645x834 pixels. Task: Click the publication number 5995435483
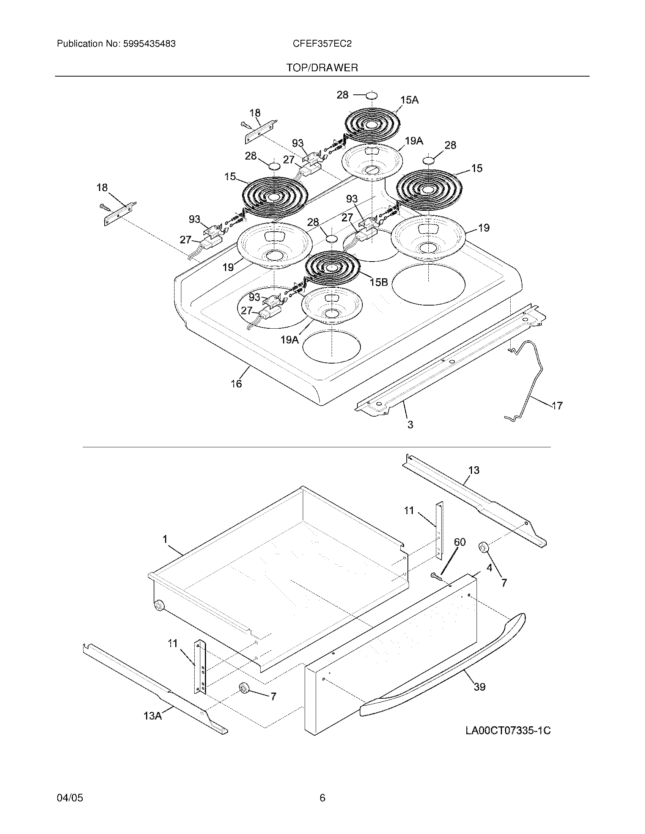pos(149,44)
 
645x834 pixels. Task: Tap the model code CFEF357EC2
pos(322,44)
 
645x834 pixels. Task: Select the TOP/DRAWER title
pos(322,68)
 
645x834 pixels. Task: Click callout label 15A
pos(409,100)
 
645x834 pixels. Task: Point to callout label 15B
pos(379,282)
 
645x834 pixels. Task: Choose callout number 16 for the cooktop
pos(236,383)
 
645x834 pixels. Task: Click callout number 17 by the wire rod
pos(557,406)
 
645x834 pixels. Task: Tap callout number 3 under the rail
pos(410,424)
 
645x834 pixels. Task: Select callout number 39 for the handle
pos(480,687)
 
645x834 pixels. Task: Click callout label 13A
pos(153,716)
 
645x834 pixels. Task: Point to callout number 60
pos(460,542)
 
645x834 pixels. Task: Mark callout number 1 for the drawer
pos(165,539)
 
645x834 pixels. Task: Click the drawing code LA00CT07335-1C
pos(508,731)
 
